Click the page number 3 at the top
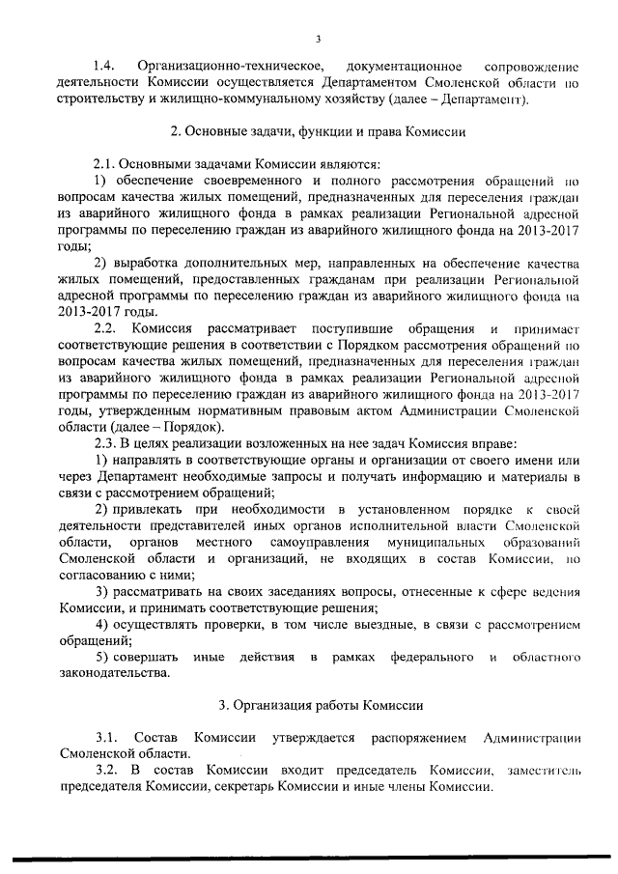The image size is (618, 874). (318, 38)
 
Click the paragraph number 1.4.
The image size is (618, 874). (104, 66)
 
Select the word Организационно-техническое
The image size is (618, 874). (229, 66)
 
